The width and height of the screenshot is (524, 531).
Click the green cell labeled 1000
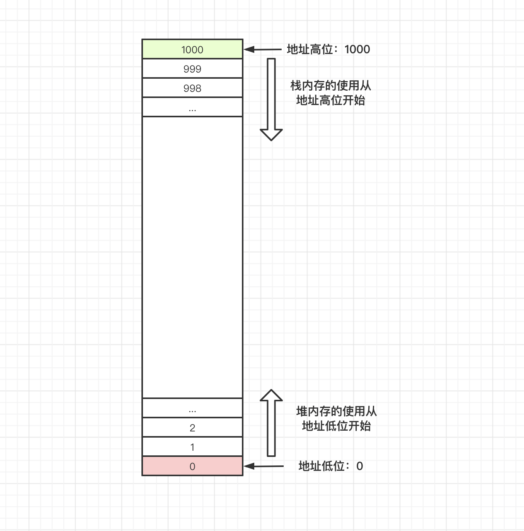(x=192, y=49)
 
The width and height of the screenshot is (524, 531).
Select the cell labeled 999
(x=192, y=69)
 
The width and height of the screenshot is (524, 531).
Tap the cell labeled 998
(x=192, y=88)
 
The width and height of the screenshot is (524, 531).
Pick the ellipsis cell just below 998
(x=192, y=107)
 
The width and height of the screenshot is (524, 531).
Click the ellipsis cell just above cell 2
(x=192, y=408)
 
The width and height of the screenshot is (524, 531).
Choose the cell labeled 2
(x=192, y=428)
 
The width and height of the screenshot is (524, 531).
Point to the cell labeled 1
(x=192, y=447)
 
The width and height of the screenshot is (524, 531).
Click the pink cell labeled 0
(x=192, y=466)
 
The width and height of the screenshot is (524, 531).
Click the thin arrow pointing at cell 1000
(x=263, y=49)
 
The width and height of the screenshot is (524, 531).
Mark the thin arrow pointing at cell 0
(x=264, y=466)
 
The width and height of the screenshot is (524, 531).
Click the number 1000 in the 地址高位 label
(x=357, y=49)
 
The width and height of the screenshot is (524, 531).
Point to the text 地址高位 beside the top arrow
(x=310, y=49)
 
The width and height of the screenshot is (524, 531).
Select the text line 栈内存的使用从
(x=330, y=85)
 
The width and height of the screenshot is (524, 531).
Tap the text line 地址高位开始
(x=330, y=100)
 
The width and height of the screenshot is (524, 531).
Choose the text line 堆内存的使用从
(x=336, y=411)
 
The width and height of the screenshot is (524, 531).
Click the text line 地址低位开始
(x=336, y=426)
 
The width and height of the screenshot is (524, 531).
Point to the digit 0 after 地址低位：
(x=360, y=466)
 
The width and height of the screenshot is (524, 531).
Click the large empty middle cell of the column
(x=192, y=257)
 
